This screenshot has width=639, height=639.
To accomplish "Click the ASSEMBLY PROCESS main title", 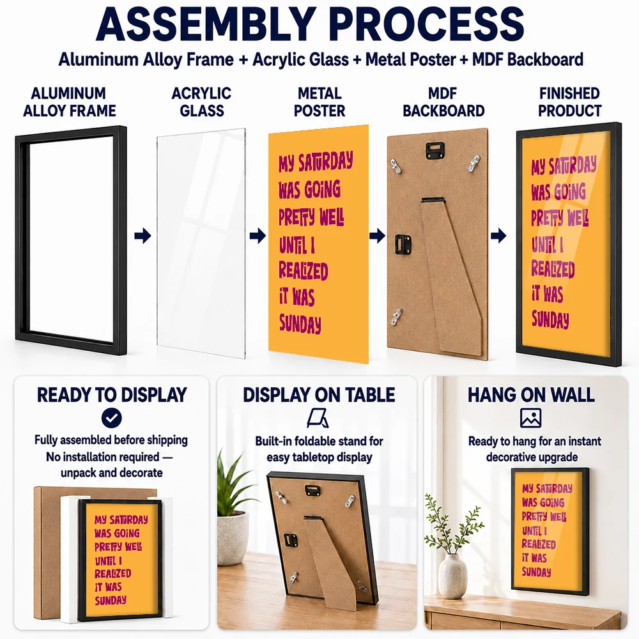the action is [x=310, y=24].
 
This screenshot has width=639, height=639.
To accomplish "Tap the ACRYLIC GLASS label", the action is [x=201, y=102].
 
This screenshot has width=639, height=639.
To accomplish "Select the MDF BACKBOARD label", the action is [x=443, y=102].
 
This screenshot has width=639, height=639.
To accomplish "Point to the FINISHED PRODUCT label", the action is [x=569, y=102].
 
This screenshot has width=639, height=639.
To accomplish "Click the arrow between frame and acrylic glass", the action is [x=142, y=236].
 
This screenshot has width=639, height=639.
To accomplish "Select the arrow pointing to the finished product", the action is [x=498, y=236].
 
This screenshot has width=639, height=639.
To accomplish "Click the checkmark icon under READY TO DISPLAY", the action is [x=112, y=418].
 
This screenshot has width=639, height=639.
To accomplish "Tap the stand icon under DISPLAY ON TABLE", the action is [x=318, y=419].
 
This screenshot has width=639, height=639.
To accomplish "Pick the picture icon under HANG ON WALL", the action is [x=530, y=418].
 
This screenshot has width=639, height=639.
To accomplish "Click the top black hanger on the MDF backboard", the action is [x=435, y=150].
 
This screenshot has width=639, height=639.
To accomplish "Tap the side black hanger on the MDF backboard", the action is [x=403, y=244].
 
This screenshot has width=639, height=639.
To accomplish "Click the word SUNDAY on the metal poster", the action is [x=300, y=323].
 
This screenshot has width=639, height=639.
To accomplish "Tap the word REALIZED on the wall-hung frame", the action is [x=539, y=544].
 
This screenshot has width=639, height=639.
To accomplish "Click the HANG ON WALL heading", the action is [x=531, y=395].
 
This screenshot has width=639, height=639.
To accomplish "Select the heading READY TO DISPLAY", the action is [x=112, y=395].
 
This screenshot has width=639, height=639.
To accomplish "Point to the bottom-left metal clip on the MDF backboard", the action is [x=397, y=317].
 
